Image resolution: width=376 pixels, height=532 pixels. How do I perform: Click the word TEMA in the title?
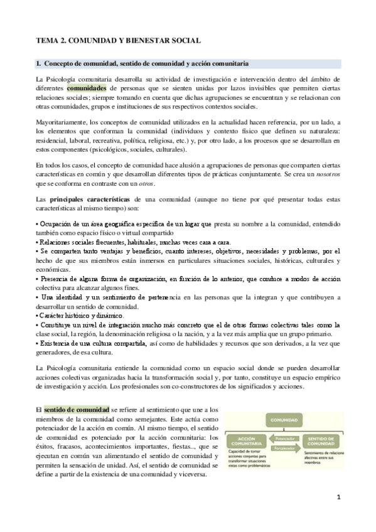coord(46,41)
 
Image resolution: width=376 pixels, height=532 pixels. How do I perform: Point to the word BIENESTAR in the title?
coord(148,41)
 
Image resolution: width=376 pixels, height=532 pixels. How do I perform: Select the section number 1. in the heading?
coord(38,64)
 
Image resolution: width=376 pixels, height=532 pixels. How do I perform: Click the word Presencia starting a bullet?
coord(56,278)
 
